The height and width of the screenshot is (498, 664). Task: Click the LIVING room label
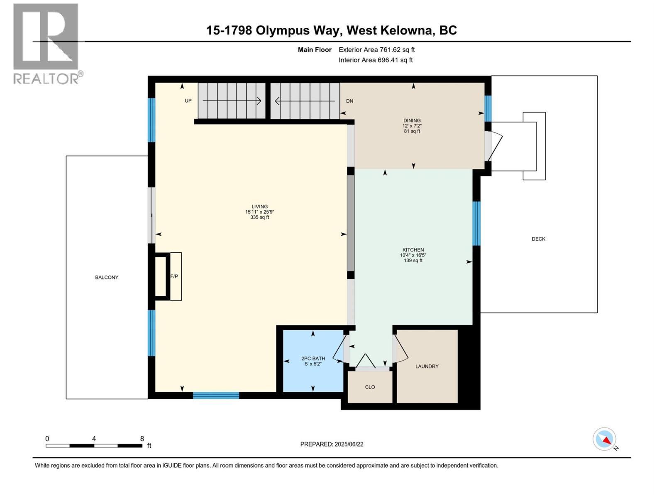(259, 207)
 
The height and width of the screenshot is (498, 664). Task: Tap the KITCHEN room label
(413, 250)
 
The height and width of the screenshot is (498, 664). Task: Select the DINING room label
(412, 121)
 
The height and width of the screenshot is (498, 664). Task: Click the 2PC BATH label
(313, 359)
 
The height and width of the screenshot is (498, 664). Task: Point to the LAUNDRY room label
(427, 366)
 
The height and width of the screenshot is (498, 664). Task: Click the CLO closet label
(370, 387)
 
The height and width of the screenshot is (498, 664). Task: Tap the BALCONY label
(107, 277)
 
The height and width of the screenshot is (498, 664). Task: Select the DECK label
(538, 239)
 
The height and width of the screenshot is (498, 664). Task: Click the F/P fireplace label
(174, 276)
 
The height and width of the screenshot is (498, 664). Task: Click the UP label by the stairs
(188, 101)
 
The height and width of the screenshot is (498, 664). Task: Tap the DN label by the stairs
(349, 101)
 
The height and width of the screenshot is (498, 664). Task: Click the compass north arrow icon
(605, 439)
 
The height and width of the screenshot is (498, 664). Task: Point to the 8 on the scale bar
(142, 439)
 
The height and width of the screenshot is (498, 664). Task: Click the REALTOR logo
(46, 44)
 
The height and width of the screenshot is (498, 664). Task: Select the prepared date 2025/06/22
(349, 444)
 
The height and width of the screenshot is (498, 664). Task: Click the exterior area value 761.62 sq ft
(397, 50)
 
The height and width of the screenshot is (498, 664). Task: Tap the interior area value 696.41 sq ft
(395, 60)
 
